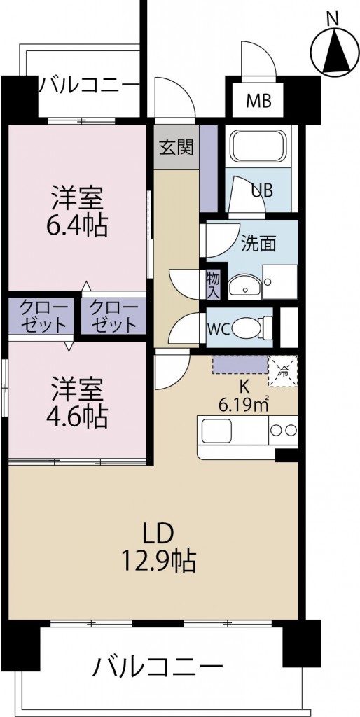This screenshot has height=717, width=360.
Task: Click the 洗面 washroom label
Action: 258,243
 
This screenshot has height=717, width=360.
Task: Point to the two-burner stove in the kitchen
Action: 283,430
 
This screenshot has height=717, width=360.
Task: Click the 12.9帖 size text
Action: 158,560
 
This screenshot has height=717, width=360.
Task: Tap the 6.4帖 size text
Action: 78,226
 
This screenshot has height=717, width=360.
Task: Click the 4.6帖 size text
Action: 78,417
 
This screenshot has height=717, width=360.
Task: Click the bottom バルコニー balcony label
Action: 158,665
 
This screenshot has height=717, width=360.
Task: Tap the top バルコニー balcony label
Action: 89,86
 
